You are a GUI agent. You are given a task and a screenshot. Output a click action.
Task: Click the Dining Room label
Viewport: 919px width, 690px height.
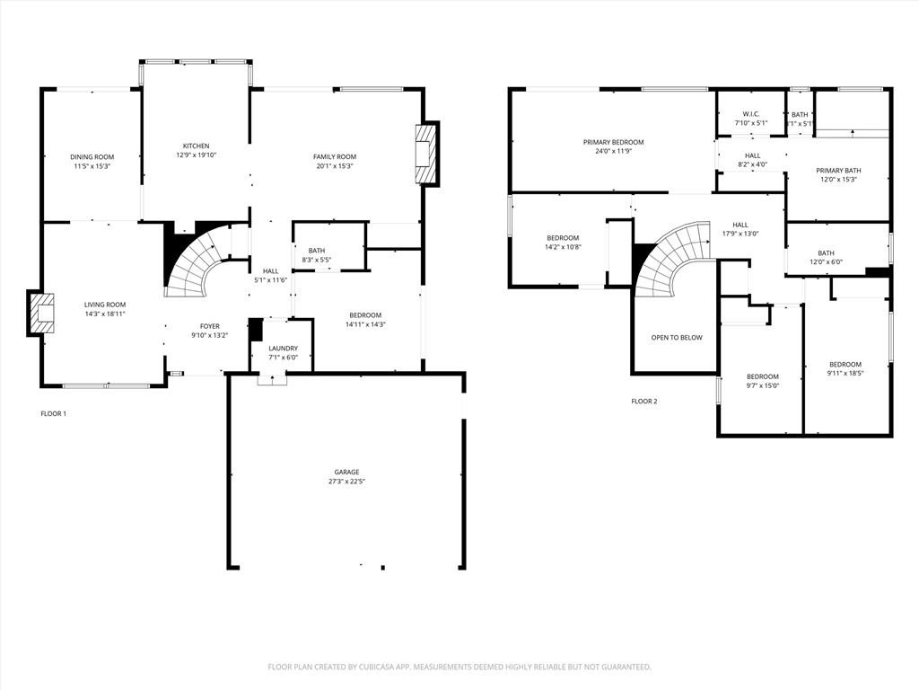[93, 157]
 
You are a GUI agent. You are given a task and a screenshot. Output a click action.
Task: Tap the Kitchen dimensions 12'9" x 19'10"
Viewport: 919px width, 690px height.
[196, 155]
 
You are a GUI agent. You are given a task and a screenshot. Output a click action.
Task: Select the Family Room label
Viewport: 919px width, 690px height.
[335, 157]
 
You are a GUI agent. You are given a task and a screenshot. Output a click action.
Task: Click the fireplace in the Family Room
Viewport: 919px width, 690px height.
[425, 154]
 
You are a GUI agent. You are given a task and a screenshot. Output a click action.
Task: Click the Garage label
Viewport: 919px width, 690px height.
[346, 472]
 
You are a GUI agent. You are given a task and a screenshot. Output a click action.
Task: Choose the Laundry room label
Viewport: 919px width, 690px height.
[283, 348]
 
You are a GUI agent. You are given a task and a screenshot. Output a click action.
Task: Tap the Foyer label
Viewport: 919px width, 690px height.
[209, 326]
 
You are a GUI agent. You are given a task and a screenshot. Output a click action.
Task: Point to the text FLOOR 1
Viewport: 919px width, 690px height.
[54, 413]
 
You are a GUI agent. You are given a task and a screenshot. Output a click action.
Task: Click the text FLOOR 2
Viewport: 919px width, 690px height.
[643, 401]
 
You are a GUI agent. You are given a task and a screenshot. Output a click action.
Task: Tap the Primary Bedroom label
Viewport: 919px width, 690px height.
[613, 142]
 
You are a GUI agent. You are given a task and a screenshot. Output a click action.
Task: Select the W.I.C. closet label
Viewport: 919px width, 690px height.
[751, 114]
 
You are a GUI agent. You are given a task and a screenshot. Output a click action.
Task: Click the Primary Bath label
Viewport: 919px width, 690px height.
[838, 170]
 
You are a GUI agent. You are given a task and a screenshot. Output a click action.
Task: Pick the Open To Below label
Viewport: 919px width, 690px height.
[677, 338]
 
